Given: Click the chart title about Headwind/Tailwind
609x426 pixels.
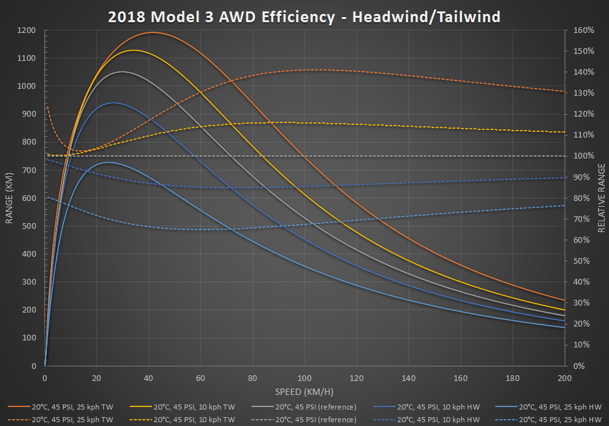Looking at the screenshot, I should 304,16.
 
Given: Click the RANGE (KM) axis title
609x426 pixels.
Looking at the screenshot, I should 10,198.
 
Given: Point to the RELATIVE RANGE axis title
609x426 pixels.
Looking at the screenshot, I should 601,197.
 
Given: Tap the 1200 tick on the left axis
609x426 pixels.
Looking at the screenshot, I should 27,30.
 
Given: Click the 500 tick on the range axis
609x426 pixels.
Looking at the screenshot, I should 29,226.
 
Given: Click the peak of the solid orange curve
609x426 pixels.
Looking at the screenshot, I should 153,32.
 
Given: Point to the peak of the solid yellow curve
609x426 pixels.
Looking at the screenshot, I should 133,50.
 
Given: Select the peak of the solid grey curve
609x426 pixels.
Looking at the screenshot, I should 122,72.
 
